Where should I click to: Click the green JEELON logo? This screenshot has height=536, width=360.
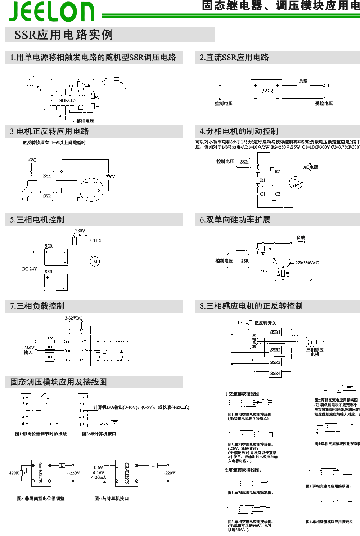tap(52, 11)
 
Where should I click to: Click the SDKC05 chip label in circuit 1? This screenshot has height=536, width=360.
tap(67, 100)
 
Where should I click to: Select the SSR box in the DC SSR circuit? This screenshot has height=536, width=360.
tap(266, 91)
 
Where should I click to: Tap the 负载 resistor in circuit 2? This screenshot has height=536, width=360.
tap(303, 85)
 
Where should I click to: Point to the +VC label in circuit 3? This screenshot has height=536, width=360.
tap(32, 160)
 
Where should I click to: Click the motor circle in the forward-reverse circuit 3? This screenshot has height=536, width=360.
tap(91, 189)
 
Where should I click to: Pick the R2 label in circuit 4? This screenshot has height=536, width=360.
tap(277, 171)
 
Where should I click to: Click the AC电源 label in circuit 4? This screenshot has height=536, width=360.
tap(310, 167)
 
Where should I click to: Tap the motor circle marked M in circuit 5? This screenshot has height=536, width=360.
tap(95, 262)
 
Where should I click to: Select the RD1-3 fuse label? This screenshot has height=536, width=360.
tap(95, 241)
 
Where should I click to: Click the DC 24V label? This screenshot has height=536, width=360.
tap(30, 269)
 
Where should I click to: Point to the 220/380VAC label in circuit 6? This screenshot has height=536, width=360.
tap(307, 263)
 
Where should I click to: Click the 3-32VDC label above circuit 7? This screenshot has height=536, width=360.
tap(73, 318)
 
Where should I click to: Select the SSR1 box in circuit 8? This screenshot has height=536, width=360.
tap(275, 332)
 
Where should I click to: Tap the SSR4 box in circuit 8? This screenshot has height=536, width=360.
tap(275, 373)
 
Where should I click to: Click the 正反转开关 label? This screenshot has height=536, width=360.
tap(265, 323)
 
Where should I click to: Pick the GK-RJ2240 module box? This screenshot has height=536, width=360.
tap(41, 473)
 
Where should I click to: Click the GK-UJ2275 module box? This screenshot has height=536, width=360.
tap(126, 473)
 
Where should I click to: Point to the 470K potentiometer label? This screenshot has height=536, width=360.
tap(14, 473)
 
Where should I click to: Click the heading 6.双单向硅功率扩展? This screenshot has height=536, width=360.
tap(235, 220)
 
